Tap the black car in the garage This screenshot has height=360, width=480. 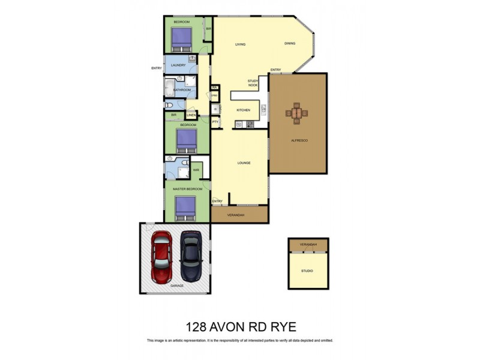(191, 256)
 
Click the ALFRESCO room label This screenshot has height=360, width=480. (299, 140)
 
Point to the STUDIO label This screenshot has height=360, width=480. (307, 271)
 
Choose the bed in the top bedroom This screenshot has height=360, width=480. (181, 40)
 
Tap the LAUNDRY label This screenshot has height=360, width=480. (178, 65)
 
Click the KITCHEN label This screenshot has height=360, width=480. (243, 110)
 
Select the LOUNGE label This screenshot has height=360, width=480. (244, 163)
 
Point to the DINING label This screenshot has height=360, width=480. (290, 44)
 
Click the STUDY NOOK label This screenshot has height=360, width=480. (253, 83)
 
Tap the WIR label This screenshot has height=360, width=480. (196, 170)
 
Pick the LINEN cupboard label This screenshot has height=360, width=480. (191, 115)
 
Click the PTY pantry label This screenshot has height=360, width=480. (215, 122)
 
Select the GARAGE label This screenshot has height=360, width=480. (176, 286)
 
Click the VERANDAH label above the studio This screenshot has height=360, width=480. (308, 245)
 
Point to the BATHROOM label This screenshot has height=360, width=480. (182, 90)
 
